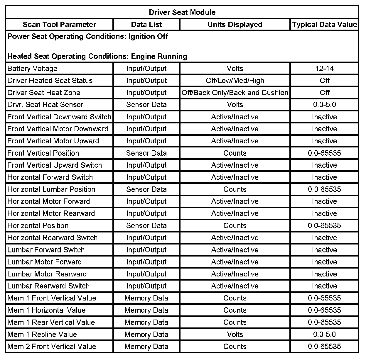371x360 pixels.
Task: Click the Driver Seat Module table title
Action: point(182,12)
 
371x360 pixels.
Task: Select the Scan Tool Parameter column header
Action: point(59,24)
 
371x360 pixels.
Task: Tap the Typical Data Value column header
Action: point(324,24)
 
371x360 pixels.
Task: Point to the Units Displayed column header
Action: point(235,24)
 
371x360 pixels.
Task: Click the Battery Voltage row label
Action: point(32,69)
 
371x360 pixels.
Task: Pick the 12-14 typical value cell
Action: point(324,69)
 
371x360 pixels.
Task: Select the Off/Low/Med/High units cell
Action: point(235,81)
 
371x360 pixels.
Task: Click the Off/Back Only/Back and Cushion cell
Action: point(235,93)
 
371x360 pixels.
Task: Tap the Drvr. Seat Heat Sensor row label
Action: point(45,105)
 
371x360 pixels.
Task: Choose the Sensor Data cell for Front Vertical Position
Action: point(146,153)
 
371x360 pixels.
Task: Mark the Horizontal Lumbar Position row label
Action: point(51,189)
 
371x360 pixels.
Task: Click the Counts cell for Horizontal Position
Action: point(235,226)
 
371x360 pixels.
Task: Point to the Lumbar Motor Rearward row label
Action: point(47,274)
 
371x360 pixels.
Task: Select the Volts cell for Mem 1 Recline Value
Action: point(235,334)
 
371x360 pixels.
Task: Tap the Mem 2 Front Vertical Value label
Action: point(52,347)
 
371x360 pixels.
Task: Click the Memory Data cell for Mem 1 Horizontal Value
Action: point(146,310)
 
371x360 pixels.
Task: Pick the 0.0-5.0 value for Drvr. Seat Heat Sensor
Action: point(324,105)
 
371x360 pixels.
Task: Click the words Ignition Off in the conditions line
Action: point(148,37)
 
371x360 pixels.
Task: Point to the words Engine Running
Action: point(159,56)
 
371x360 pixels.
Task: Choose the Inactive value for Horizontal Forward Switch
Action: point(324,177)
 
